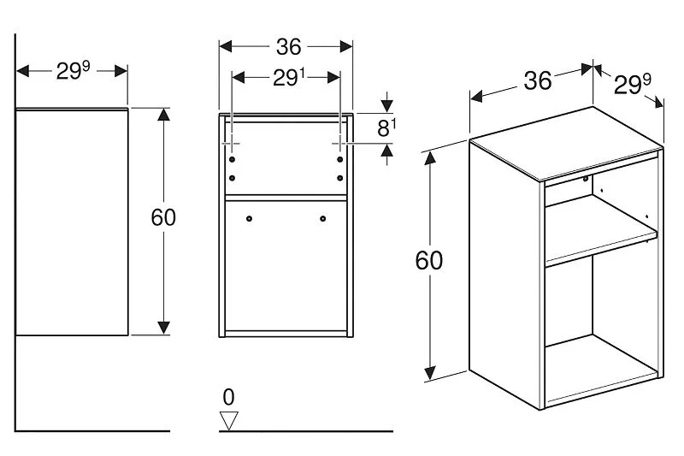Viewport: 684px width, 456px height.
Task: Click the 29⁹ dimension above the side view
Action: (73, 71)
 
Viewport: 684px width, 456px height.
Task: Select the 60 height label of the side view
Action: (162, 217)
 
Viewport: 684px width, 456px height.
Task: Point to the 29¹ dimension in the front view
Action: (288, 78)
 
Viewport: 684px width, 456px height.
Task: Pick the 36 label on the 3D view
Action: (537, 80)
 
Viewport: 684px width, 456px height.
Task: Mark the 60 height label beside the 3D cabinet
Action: (429, 259)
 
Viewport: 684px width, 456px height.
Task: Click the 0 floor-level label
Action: (227, 396)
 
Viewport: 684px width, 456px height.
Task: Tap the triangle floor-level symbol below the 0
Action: (228, 419)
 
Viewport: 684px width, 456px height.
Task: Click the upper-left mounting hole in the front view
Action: (233, 159)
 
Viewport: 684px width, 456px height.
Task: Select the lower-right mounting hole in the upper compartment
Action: (340, 177)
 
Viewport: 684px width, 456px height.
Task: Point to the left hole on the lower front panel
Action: (249, 219)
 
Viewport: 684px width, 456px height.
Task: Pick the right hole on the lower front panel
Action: (323, 219)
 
